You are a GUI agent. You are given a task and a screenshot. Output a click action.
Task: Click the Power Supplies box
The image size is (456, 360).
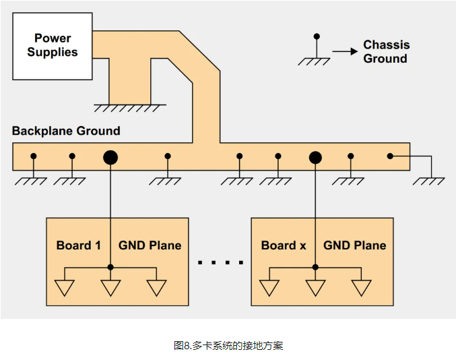pos(53,46)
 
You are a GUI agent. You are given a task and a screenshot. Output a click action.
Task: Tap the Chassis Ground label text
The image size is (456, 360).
pos(386,52)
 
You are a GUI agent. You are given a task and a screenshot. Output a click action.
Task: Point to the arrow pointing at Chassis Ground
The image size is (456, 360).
pos(344,51)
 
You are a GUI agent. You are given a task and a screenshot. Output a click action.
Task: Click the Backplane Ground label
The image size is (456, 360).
pos(66,131)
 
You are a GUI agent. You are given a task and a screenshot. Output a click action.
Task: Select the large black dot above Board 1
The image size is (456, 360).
pos(110,158)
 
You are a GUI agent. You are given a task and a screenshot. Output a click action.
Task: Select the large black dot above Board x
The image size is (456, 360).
pos(315,158)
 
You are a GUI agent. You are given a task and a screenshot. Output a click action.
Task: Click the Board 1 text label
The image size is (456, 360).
pos(78,245)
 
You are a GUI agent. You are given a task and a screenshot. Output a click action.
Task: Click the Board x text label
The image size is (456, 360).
pos(284,245)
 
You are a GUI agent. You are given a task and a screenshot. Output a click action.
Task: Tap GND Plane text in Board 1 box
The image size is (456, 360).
pos(150,245)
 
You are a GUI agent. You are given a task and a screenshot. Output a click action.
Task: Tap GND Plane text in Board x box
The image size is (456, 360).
pos(355,245)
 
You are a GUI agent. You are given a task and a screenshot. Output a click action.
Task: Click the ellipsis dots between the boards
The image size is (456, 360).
pos(221,262)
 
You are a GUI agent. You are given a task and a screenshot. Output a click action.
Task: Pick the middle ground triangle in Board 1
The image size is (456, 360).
pos(110,287)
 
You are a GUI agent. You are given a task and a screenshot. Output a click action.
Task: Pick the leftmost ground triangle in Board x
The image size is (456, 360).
pos(269,287)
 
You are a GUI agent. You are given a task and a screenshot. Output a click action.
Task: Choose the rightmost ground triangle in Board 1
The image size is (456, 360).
pos(157,287)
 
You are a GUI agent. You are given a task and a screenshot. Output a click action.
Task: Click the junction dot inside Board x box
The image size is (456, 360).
pos(315,267)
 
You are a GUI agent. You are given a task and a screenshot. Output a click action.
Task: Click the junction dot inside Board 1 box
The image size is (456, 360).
pos(110,267)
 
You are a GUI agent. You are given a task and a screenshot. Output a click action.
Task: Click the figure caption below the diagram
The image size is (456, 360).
pos(228,345)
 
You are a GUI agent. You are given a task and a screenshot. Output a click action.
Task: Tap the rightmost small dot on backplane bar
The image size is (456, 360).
pos(389,156)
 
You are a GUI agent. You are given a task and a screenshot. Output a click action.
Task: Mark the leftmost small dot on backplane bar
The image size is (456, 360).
pos(34,156)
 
